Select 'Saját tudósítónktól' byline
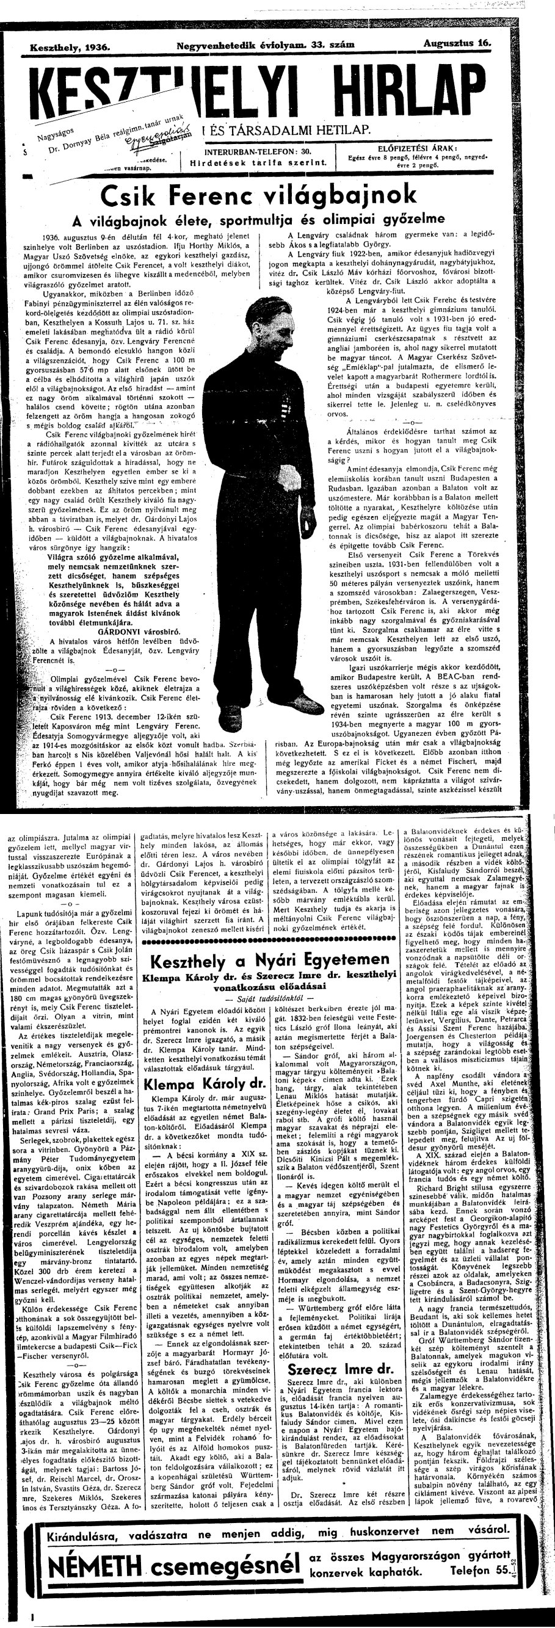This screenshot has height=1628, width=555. (270, 997)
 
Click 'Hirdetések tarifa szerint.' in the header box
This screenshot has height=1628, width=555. (258, 162)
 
